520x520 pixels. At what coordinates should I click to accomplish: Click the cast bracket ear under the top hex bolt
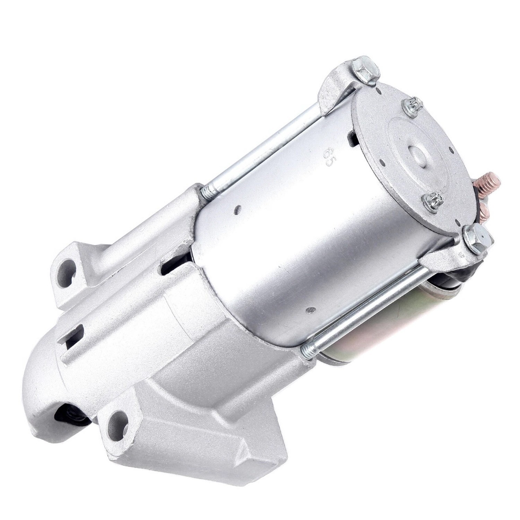click(335, 92)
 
